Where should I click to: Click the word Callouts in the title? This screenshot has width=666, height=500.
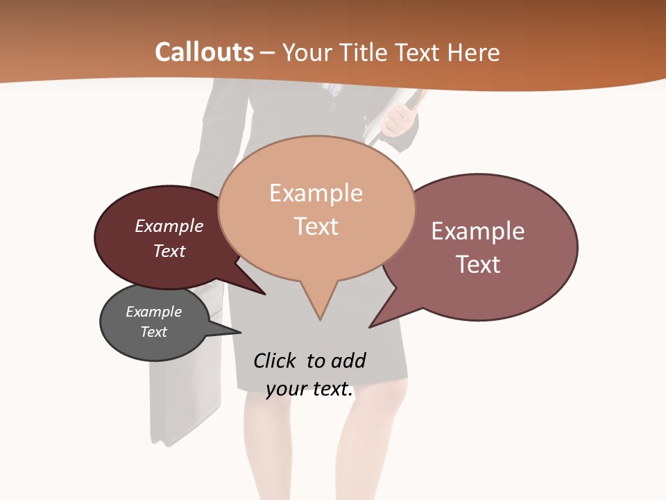tap(204, 52)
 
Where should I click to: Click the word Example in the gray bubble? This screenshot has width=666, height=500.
tap(153, 312)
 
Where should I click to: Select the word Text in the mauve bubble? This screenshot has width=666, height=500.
tap(477, 264)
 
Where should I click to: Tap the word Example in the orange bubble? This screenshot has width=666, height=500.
tap(316, 193)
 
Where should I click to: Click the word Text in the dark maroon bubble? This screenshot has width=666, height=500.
tap(169, 251)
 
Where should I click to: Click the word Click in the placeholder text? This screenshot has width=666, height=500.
tap(274, 360)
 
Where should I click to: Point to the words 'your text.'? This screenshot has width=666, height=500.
tap(309, 389)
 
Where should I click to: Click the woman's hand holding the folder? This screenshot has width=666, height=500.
tap(399, 119)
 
